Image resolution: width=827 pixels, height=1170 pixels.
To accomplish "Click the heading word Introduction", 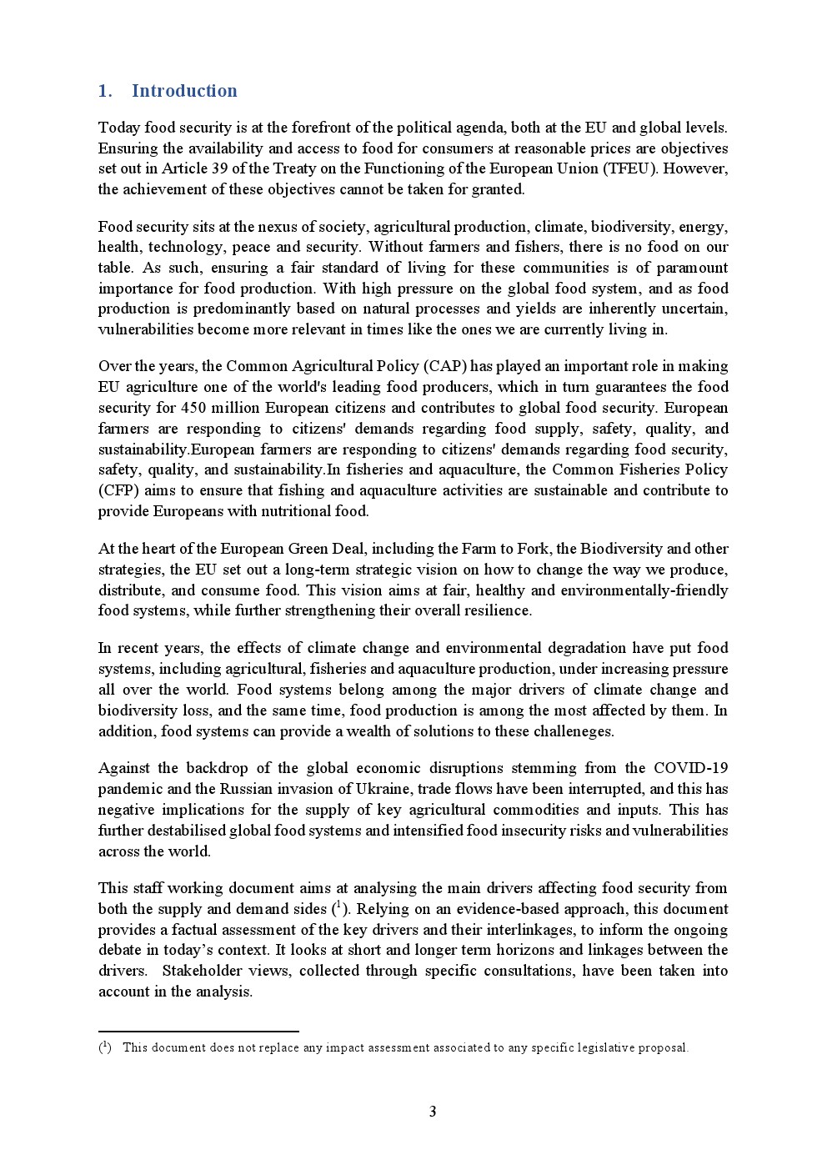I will (x=184, y=91).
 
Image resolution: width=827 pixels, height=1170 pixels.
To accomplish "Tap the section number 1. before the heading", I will (x=105, y=91).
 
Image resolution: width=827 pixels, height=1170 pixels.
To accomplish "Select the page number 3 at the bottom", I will (x=433, y=1112).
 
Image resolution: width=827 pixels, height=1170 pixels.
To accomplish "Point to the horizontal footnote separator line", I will (x=198, y=1032).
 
